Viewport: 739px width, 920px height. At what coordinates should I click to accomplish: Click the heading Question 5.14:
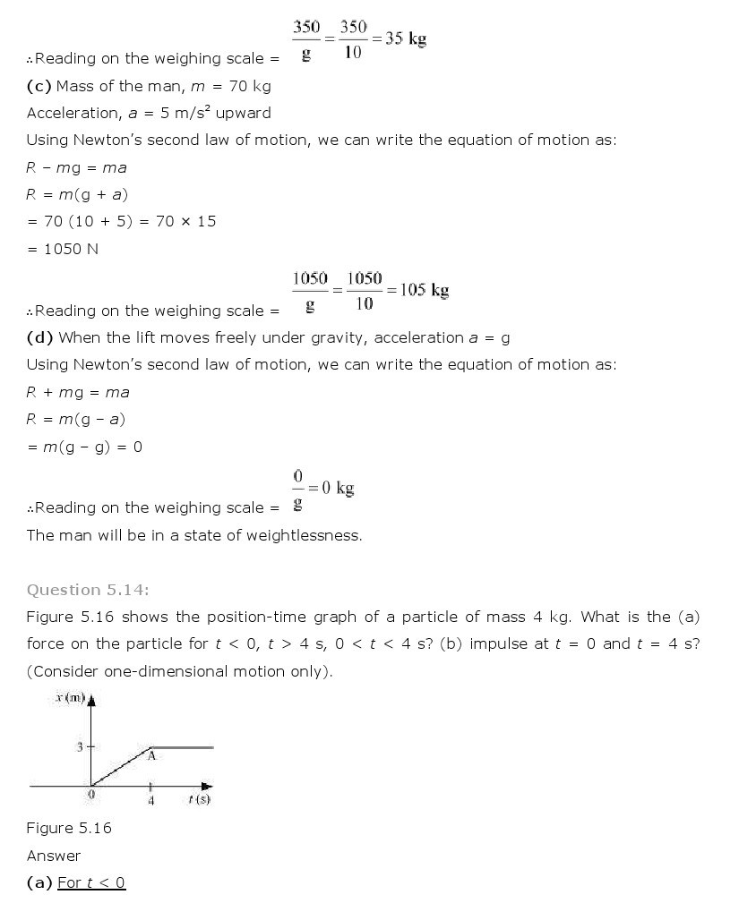(88, 590)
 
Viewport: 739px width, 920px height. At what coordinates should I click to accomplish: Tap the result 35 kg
(406, 39)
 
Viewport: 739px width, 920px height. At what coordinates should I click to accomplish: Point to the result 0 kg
(339, 489)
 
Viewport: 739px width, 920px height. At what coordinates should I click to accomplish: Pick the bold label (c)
(39, 86)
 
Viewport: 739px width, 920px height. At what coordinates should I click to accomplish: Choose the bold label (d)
(39, 337)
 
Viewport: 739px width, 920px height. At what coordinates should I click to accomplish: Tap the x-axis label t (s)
(199, 799)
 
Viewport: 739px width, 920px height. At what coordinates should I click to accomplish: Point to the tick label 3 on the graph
(79, 746)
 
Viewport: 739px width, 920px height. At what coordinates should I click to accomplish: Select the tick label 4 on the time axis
(150, 801)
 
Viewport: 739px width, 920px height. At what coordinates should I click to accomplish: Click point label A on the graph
(151, 757)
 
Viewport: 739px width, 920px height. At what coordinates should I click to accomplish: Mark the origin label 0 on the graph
(90, 794)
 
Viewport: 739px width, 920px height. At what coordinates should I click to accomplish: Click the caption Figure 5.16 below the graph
(69, 828)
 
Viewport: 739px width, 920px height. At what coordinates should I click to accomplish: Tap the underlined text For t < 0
(91, 883)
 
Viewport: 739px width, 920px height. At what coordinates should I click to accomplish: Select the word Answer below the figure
(54, 856)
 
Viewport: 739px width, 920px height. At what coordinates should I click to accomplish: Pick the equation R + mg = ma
(78, 392)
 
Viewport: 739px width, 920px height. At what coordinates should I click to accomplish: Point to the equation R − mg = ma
(76, 167)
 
